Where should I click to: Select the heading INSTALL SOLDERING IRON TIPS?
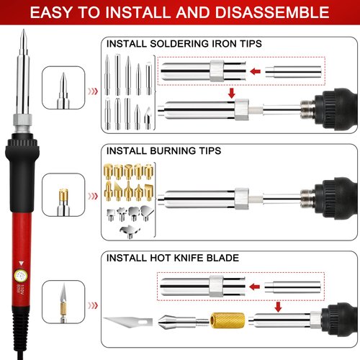184,44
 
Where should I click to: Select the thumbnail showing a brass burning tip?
61,194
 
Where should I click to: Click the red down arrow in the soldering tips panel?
231,93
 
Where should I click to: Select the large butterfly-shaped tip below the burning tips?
126,229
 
